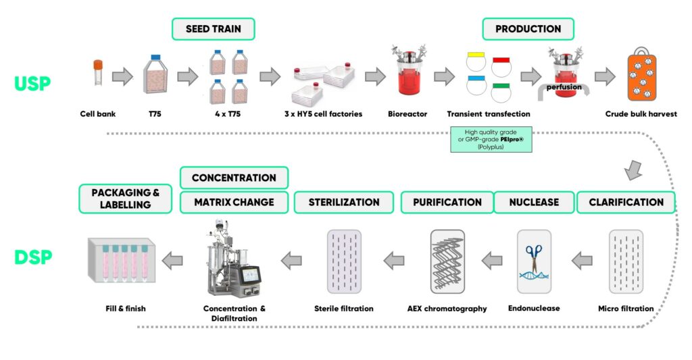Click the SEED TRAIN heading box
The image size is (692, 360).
coord(212,29)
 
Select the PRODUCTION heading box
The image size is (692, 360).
coord(528,29)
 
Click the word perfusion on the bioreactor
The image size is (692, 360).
coord(564,86)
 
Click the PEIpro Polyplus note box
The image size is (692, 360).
coord(491,138)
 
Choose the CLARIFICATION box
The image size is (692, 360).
coord(625,202)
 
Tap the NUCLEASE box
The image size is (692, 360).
coord(533,202)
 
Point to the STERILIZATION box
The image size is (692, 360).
coord(343,202)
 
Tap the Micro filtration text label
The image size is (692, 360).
coord(625,309)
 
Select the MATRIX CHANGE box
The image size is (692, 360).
coord(233,202)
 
